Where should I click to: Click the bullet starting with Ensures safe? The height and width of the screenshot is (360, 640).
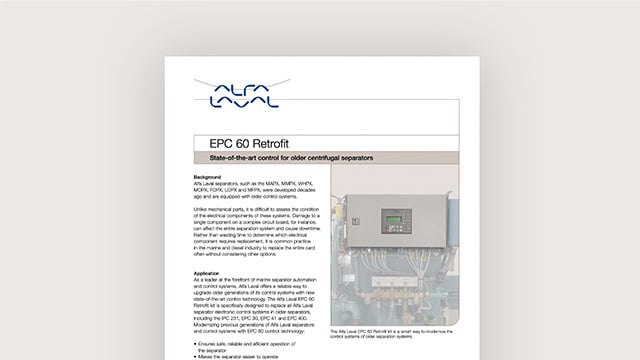235,342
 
